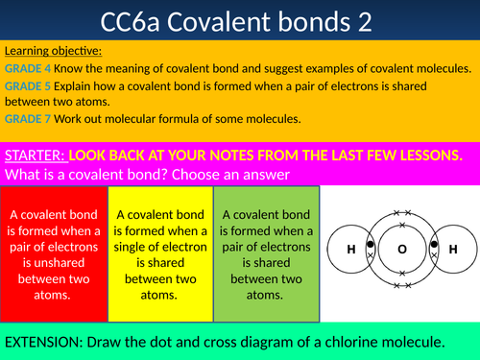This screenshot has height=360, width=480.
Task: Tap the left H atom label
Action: click(x=351, y=249)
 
